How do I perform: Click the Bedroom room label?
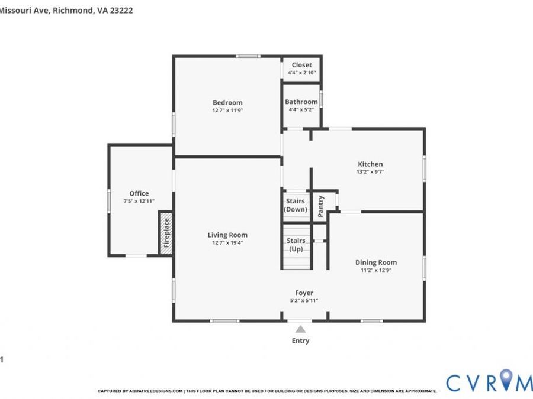227,102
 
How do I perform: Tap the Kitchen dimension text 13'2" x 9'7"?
370,171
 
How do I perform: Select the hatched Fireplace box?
166,233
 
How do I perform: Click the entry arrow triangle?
300,329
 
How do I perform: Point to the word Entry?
300,340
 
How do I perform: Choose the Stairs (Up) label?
296,245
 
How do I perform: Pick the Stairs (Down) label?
296,205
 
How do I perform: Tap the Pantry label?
320,206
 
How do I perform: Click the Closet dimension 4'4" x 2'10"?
301,73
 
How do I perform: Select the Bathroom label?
301,102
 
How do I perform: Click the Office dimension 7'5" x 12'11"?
139,201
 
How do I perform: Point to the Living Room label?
227,235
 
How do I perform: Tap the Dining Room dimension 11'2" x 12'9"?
376,270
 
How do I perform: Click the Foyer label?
304,293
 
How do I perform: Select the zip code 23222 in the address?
121,10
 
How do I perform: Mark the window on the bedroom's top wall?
248,56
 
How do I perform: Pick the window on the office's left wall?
109,201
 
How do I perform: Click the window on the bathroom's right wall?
321,99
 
